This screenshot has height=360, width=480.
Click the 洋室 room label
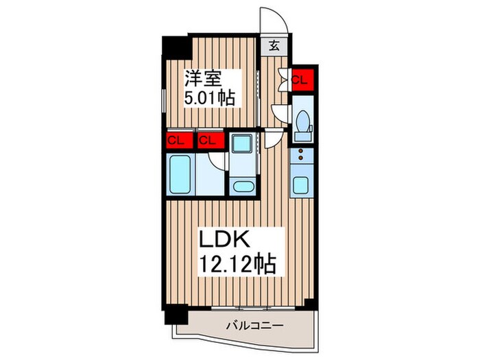(202, 76)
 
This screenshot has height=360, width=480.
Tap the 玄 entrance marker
(274, 46)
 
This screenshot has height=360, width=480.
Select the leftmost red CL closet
(176, 141)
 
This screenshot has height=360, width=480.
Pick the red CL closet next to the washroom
(208, 141)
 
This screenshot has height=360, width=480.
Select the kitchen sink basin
(301, 184)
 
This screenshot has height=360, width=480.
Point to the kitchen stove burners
(300, 158)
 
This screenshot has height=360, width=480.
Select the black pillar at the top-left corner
(176, 47)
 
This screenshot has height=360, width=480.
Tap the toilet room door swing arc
(280, 112)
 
